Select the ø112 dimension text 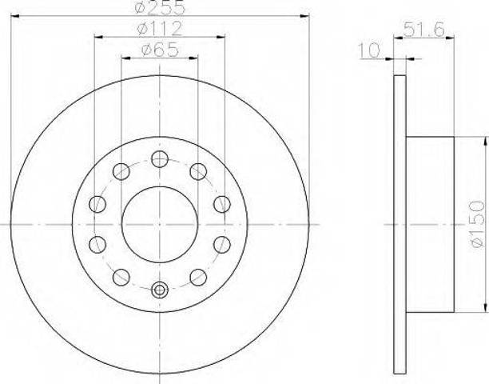159,29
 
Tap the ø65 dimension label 160,50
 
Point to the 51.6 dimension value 423,30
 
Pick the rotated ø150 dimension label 478,224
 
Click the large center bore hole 160,225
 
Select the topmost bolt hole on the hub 160,159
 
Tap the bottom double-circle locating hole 160,290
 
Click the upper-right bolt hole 198,171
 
